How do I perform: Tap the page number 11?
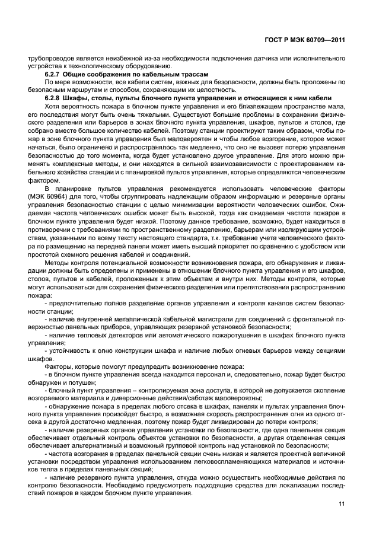click(341, 504)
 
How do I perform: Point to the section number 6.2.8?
click(55, 97)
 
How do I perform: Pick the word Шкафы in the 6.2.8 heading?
click(84, 97)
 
